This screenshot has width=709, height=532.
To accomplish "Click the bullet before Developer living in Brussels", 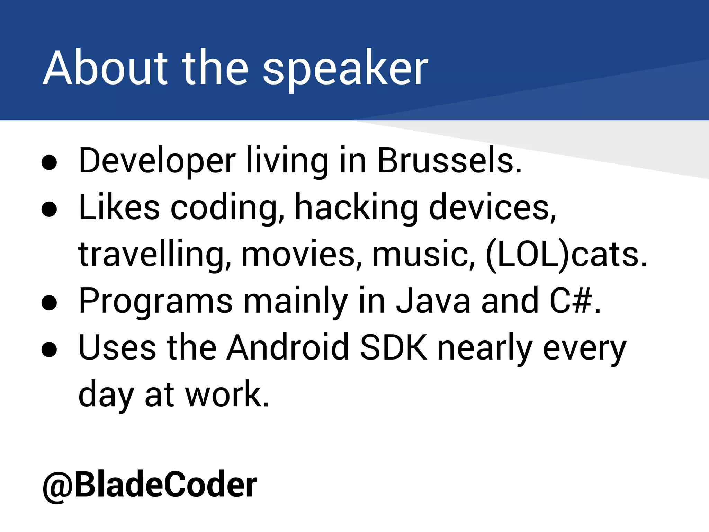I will [49, 162].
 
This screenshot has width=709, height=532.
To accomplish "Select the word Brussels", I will [449, 161].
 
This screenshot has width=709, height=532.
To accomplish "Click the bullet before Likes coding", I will [49, 209].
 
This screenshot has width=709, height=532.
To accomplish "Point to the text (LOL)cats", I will [566, 255].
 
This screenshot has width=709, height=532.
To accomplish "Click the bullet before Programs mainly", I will [49, 302].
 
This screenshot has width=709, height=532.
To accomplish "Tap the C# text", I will [572, 301].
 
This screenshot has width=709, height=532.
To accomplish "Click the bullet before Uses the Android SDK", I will [49, 349].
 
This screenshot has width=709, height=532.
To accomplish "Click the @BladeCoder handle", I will [150, 484].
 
